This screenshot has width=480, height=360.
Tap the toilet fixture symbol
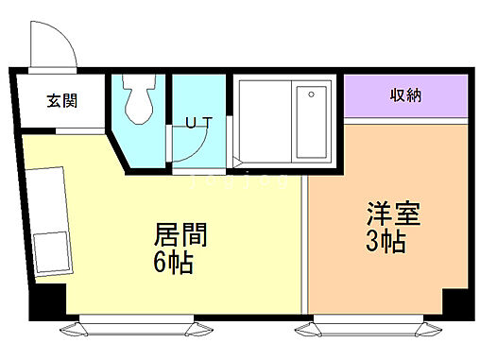(x=139, y=102)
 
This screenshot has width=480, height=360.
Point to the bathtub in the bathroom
(x=311, y=120)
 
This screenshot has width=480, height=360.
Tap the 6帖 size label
(x=175, y=262)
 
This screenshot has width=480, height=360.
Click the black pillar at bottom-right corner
(x=455, y=303)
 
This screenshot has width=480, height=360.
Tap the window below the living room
(x=141, y=328)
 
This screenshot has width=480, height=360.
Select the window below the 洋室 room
(x=369, y=328)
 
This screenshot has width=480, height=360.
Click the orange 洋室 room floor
(x=378, y=274)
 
